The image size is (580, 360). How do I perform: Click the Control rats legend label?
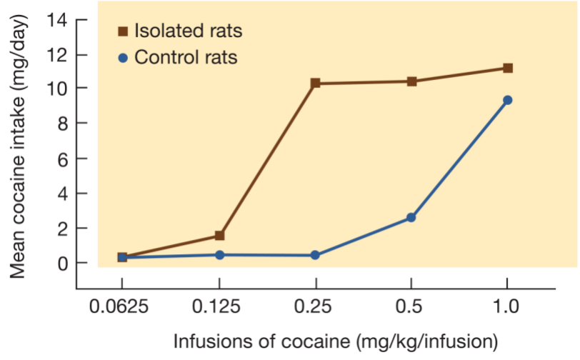click(186, 57)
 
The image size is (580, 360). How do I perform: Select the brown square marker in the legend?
click(122, 31)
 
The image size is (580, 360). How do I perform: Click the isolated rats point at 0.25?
click(315, 84)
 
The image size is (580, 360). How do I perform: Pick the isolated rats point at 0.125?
click(220, 236)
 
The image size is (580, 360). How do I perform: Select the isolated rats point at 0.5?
click(411, 81)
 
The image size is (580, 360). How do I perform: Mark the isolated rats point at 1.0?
click(508, 68)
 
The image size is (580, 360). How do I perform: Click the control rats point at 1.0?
click(508, 100)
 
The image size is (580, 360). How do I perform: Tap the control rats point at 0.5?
click(411, 217)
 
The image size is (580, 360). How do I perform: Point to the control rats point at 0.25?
click(315, 255)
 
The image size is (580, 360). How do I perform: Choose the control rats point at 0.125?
click(220, 254)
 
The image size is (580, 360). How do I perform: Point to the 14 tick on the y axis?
click(57, 19)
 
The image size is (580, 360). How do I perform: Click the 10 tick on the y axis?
click(57, 89)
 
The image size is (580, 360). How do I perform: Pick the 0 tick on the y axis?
click(62, 263)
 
